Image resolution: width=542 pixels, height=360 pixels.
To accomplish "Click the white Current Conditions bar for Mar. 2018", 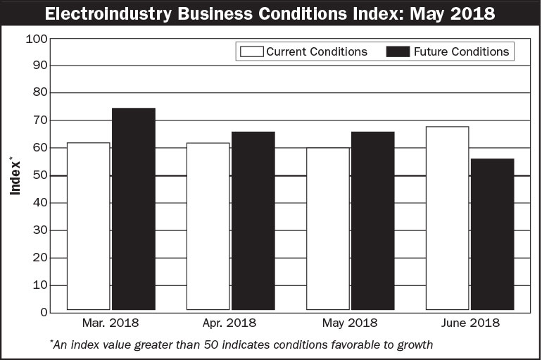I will point(89,226).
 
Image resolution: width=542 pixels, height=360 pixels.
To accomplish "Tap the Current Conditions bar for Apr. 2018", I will point(208,226).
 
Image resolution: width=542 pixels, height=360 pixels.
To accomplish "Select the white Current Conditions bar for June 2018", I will point(447,218).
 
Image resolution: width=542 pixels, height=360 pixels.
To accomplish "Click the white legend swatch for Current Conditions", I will point(251,51).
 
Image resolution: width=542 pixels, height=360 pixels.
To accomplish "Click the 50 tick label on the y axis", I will point(39,175).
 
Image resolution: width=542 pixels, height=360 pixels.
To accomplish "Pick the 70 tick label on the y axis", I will point(39,120).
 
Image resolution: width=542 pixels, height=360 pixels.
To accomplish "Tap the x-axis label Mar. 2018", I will point(111,323).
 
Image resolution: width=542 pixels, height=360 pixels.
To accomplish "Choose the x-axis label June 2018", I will point(469,323).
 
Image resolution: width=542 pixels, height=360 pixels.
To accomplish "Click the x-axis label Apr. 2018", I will point(230,323).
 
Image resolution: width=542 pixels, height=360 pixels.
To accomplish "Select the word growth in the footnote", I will point(414,345).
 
